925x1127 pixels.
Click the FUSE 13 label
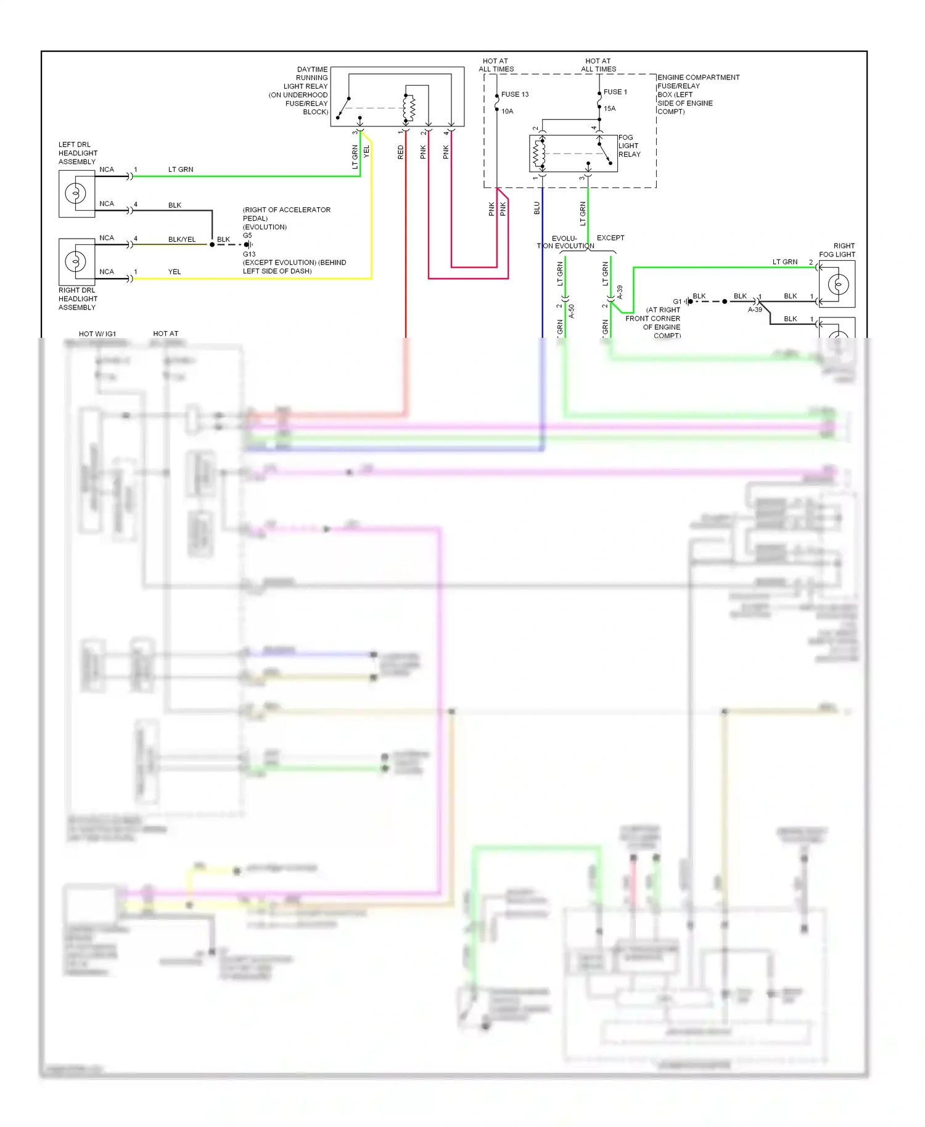pos(514,94)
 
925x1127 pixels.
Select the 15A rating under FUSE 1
pos(609,109)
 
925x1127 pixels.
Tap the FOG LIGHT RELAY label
pos(629,146)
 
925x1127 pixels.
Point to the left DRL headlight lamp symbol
pos(76,194)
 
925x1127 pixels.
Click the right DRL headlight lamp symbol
pos(76,261)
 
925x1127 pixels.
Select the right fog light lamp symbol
pos(838,284)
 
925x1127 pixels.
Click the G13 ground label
pos(249,254)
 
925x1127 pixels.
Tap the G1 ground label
pos(677,301)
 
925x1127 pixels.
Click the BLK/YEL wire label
pos(182,239)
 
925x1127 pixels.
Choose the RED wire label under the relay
pos(400,152)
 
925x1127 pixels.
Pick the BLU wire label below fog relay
pos(536,208)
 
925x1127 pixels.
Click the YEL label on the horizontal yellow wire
pos(175,272)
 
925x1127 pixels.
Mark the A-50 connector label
pos(572,311)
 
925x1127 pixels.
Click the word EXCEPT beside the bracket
pos(610,238)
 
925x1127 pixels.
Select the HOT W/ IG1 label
pos(97,334)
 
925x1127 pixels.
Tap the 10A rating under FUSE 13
pos(507,112)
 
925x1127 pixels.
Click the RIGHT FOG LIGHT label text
pos(837,250)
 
